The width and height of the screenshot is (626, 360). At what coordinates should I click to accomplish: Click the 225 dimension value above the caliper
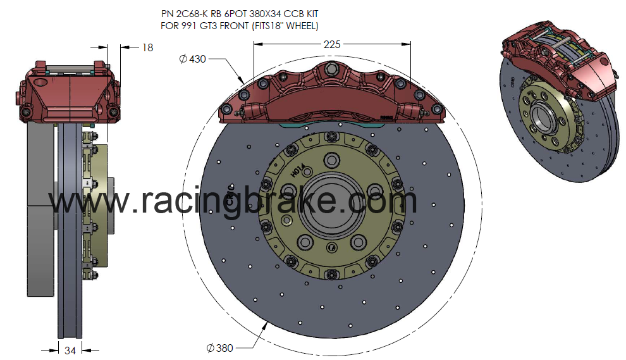(332, 44)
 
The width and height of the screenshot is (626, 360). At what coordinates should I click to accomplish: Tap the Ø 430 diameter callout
(193, 59)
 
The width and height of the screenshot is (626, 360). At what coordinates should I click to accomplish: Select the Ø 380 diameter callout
(219, 347)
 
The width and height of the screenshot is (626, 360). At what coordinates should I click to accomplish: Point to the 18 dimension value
(147, 47)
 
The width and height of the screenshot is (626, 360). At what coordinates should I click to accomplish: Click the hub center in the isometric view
(543, 115)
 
